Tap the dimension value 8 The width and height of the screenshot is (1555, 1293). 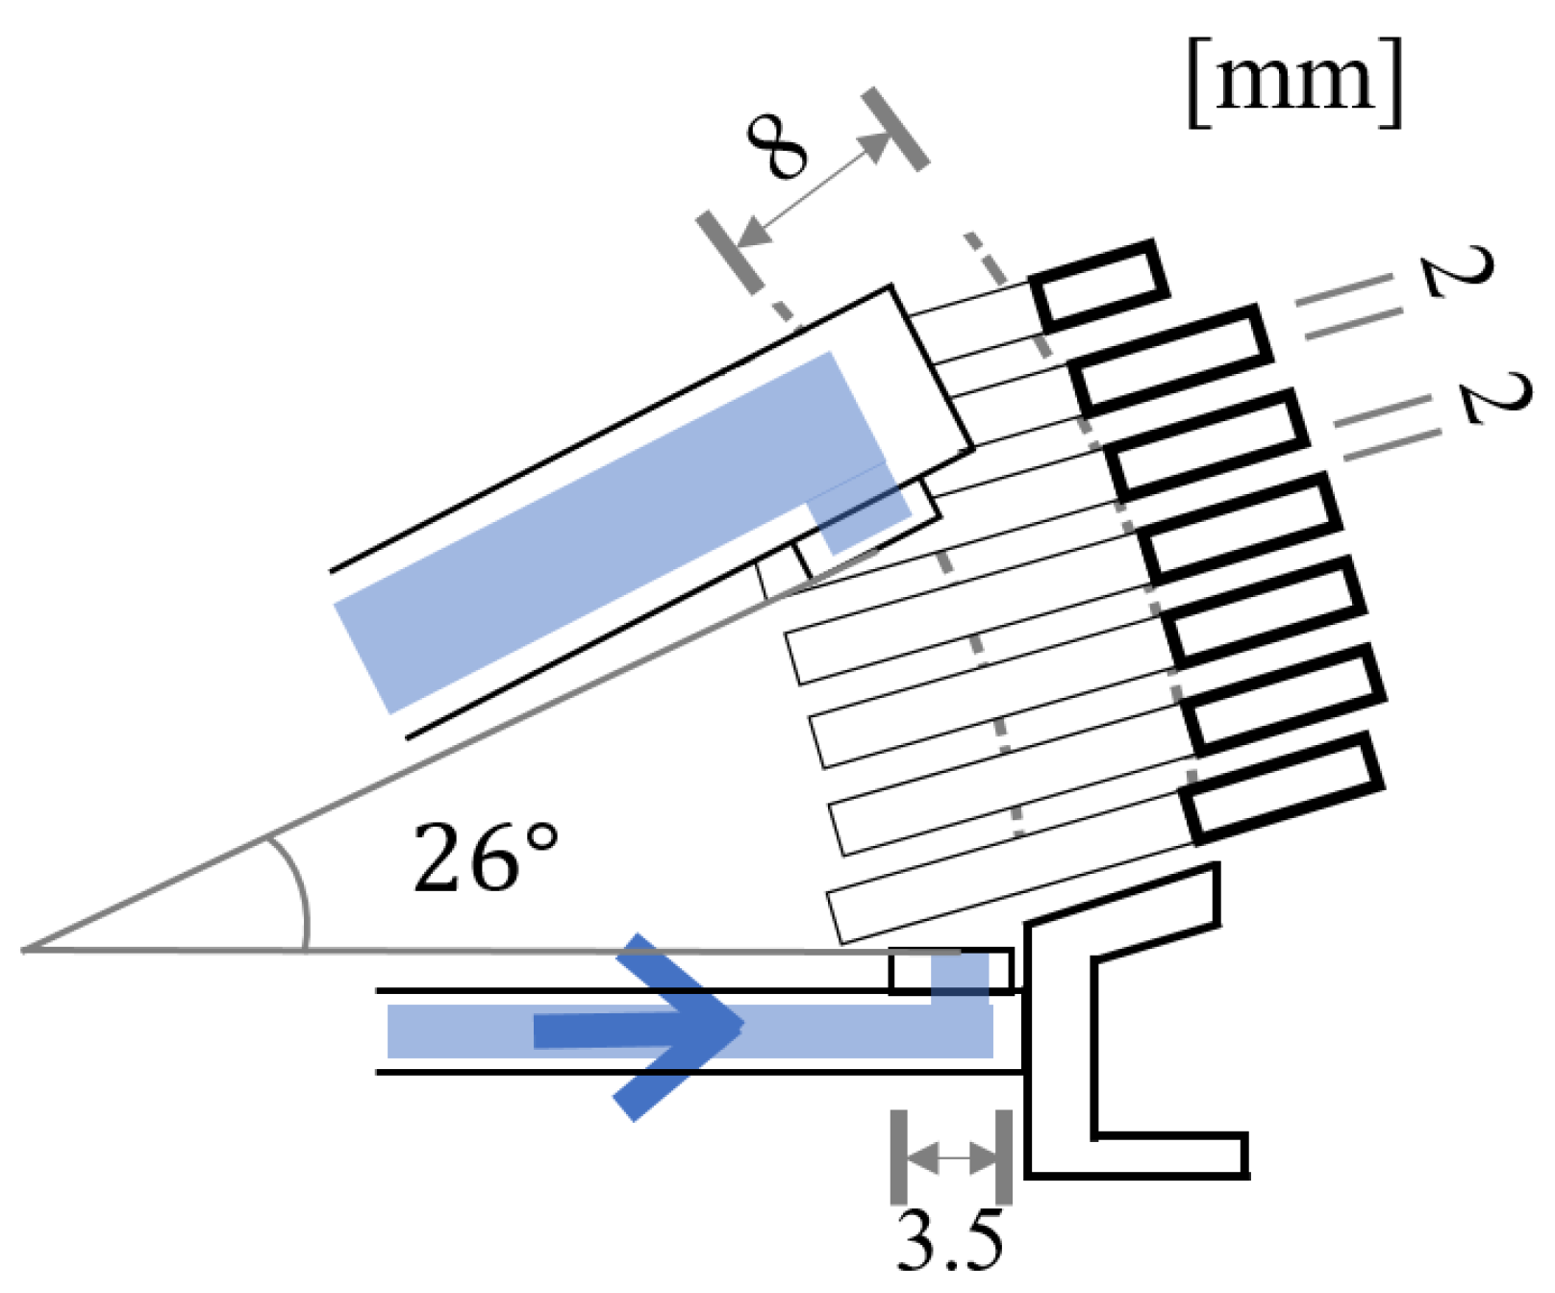coord(777,147)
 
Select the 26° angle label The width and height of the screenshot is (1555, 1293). coord(485,858)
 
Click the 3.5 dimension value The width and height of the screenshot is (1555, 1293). coord(949,1240)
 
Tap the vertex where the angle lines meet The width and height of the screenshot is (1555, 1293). coord(25,950)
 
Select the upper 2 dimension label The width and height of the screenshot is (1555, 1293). coord(1458,272)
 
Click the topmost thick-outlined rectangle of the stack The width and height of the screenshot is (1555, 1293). coord(1098,285)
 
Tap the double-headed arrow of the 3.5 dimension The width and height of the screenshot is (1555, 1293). coord(952,1157)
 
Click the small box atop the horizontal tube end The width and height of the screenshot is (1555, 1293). coord(950,970)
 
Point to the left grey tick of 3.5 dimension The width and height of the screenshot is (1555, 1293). coord(898,1157)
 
